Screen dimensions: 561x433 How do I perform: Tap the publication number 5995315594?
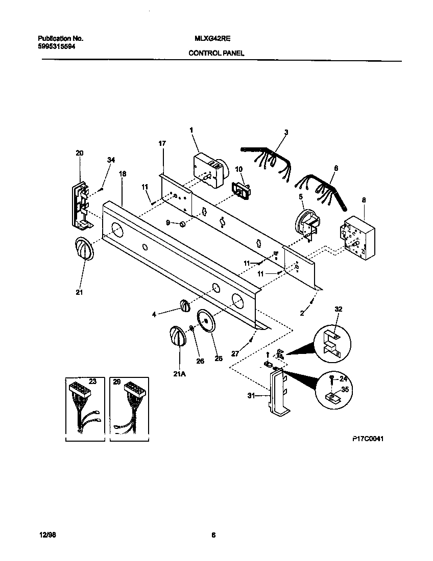tap(59, 46)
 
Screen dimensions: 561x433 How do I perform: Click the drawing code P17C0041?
tap(367, 438)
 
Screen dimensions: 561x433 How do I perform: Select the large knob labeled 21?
tap(84, 250)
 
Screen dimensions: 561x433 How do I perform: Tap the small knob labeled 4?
tap(184, 305)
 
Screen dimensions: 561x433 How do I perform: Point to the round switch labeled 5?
tap(306, 223)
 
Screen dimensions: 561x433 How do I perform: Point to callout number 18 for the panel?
tap(122, 174)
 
